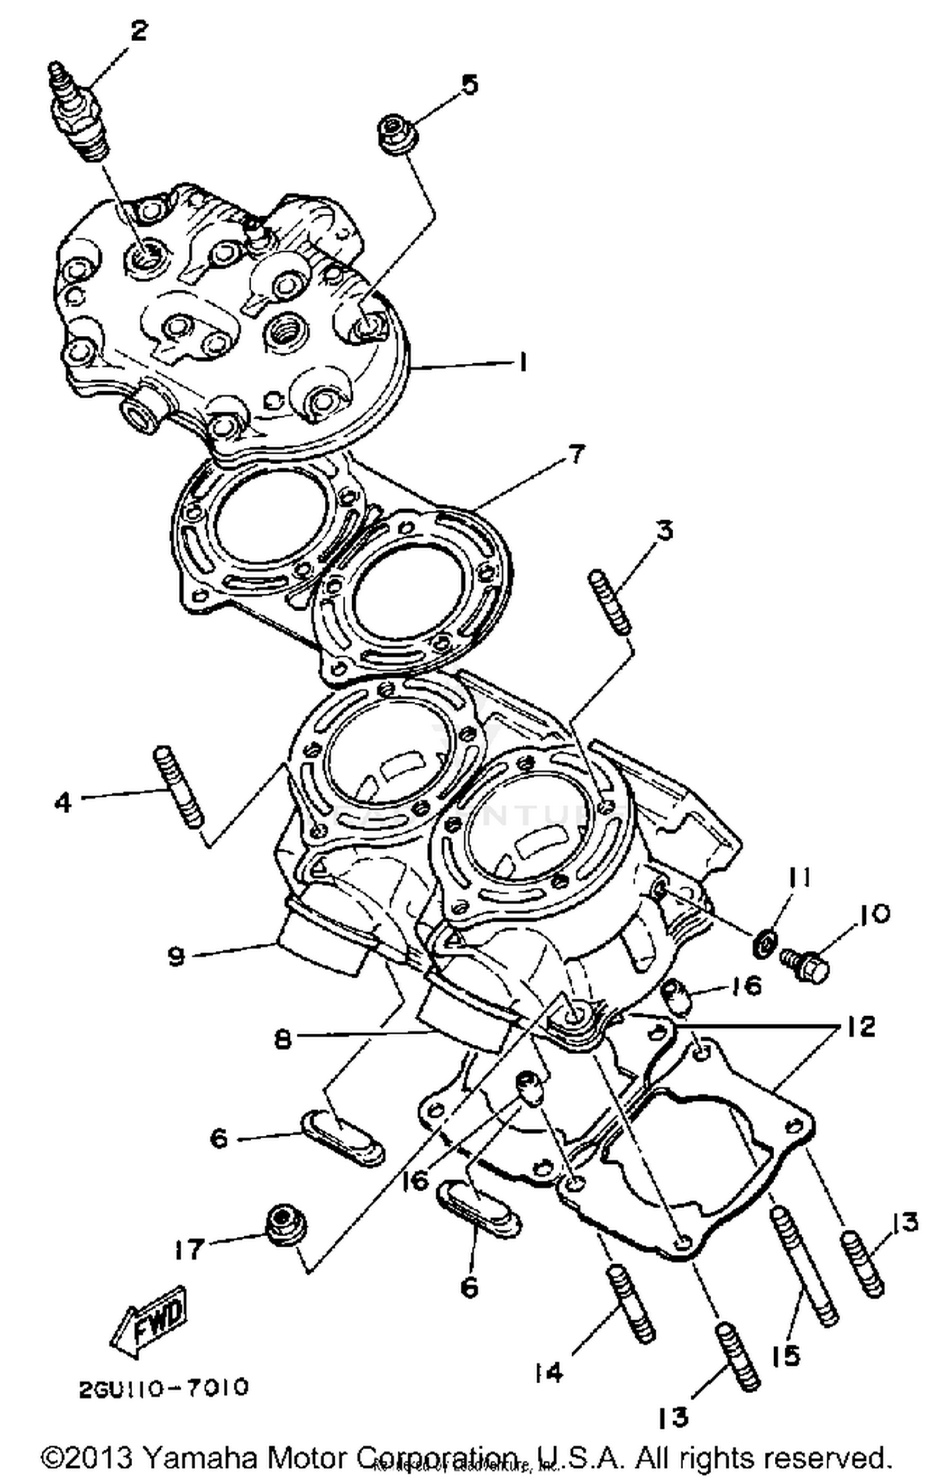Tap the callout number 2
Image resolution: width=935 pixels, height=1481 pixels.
(138, 30)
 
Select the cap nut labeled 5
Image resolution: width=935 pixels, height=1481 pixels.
(396, 133)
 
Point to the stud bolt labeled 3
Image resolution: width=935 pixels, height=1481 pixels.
(610, 602)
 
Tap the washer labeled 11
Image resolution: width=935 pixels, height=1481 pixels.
(765, 944)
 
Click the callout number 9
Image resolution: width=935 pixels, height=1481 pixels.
(176, 955)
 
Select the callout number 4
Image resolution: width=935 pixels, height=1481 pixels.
(63, 802)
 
